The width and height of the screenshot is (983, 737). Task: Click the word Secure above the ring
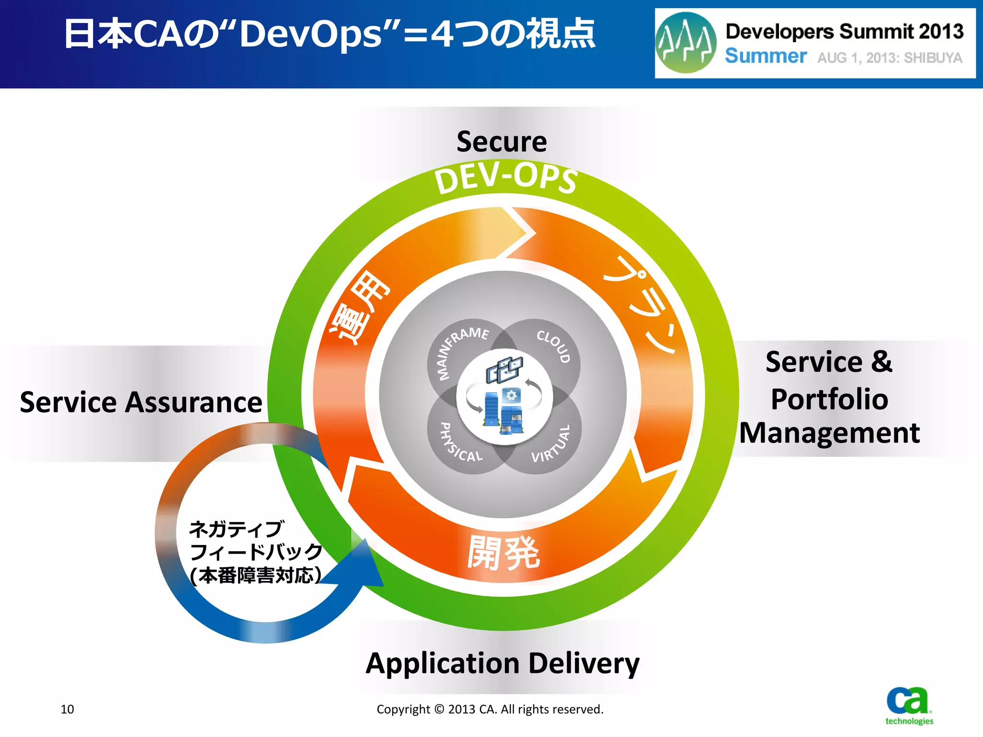(x=502, y=142)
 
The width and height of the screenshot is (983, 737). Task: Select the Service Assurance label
(x=141, y=402)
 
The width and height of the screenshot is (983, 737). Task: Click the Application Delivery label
(x=502, y=664)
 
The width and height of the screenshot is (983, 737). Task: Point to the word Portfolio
(x=829, y=399)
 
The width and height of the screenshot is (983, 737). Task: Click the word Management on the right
(x=829, y=433)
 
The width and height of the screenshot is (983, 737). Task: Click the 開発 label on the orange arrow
(x=503, y=553)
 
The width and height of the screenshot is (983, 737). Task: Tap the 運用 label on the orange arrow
(x=360, y=307)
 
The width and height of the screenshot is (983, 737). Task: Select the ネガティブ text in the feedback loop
(x=237, y=530)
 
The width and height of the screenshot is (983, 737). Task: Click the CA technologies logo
(x=909, y=706)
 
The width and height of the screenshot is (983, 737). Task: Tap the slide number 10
(x=67, y=709)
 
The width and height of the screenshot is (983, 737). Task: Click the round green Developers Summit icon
(x=686, y=43)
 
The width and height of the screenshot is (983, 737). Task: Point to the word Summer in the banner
(x=766, y=57)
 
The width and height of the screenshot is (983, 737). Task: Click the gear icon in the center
(x=511, y=395)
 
